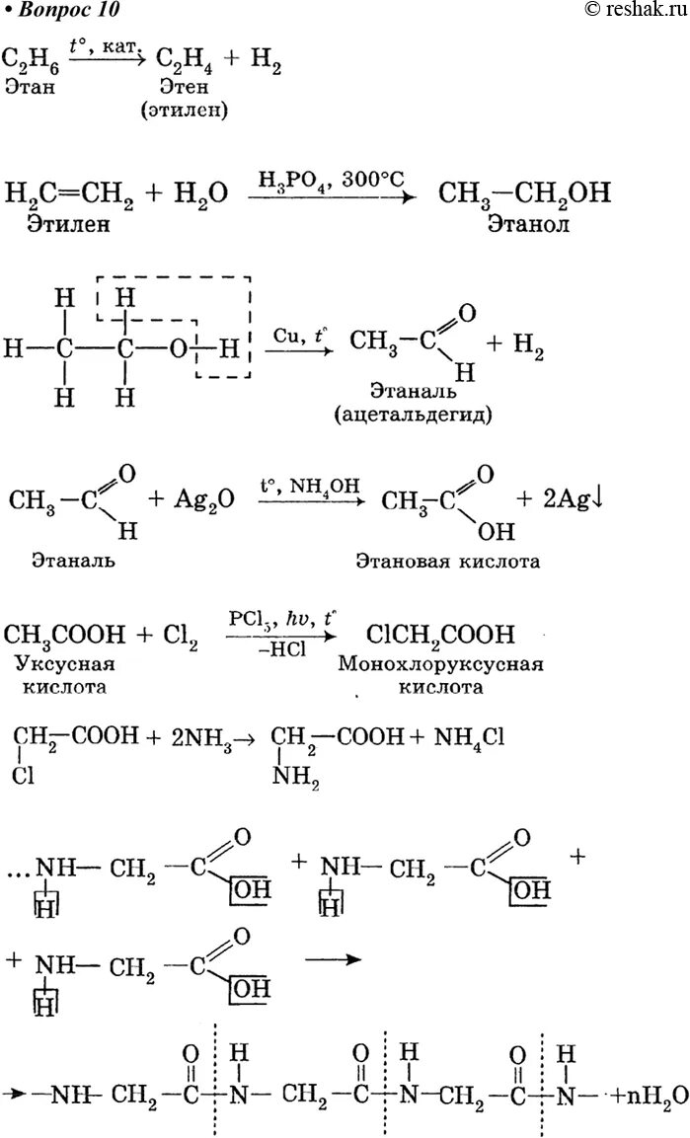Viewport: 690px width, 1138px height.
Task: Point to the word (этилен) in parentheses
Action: point(184,109)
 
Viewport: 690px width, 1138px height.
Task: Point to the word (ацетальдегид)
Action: point(427,414)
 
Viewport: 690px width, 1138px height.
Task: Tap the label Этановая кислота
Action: point(449,562)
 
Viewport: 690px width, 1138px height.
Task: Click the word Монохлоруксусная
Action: point(440,664)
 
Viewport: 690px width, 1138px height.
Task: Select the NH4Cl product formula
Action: point(466,738)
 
